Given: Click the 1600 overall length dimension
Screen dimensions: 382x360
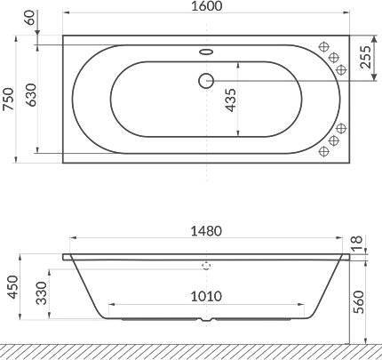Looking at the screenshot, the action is (206, 6).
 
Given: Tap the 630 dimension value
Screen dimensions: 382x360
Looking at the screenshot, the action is (31, 95).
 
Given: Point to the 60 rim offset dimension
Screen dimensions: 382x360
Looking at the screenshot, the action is (31, 18).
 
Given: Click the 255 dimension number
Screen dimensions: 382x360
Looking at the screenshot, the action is (365, 57).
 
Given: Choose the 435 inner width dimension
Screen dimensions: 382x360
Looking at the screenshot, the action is (231, 100).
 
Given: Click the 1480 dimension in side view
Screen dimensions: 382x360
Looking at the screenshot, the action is (206, 231).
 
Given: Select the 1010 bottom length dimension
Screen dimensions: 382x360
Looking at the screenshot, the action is (206, 296).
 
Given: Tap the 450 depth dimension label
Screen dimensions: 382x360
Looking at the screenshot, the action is (13, 287).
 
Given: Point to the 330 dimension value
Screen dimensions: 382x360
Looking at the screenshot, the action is (42, 293).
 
